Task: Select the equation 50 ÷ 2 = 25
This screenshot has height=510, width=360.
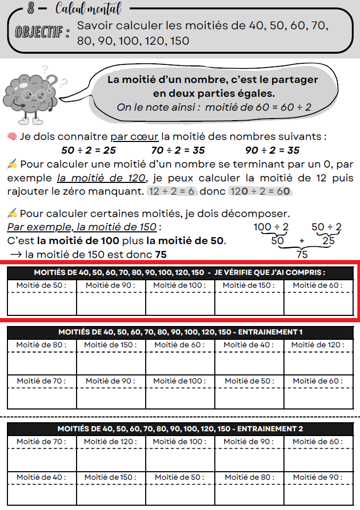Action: point(89,150)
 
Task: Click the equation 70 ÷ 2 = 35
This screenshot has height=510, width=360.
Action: point(178,150)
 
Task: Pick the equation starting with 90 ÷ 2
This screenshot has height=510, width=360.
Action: point(272,150)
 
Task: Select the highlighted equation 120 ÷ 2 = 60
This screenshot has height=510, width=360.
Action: point(259,191)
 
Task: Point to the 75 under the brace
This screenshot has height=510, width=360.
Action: point(302,254)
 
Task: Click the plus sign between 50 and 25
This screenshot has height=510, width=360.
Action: point(302,240)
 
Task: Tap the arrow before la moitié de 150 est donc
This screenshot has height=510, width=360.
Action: point(15,255)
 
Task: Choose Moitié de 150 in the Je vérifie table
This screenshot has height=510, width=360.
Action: point(249,286)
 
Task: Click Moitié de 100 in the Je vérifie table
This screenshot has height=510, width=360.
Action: point(180,286)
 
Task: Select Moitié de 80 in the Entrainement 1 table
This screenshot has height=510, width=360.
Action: point(41,345)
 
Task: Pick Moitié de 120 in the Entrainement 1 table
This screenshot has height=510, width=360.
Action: point(318,345)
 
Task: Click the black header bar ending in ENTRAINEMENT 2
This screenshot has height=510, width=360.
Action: point(180,429)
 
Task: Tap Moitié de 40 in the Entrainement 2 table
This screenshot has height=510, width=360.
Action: point(41,477)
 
